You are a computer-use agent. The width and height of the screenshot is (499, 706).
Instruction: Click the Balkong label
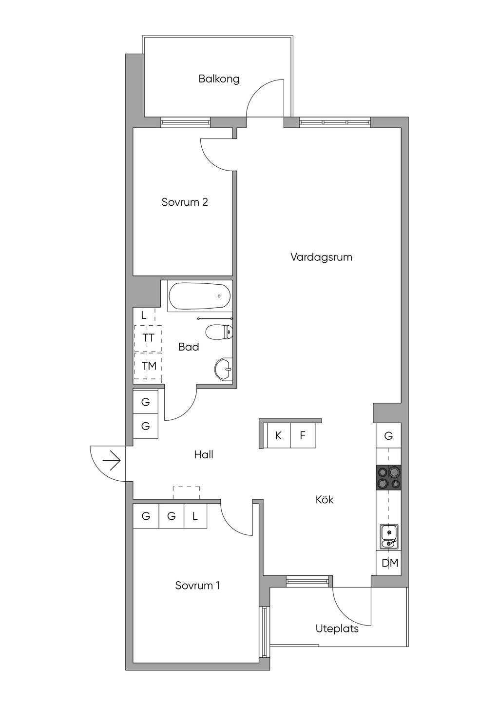click(219, 79)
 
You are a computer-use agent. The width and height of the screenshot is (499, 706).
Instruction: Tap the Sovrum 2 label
click(185, 202)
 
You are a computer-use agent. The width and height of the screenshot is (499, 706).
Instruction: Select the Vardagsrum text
click(321, 257)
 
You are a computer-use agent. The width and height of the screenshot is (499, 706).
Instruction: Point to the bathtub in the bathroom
click(200, 296)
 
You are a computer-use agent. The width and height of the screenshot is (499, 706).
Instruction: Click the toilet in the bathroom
click(219, 332)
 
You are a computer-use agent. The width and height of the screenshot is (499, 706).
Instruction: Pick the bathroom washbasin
click(224, 370)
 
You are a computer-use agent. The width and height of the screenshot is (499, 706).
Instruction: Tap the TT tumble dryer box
click(148, 338)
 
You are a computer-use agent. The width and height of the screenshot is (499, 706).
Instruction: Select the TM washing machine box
click(148, 366)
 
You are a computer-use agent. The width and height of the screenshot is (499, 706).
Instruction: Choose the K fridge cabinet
click(278, 436)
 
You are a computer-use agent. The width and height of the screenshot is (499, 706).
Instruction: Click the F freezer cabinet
click(303, 436)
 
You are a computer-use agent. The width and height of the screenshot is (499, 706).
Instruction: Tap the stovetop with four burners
click(389, 477)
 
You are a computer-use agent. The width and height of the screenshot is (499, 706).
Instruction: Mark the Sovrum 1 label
click(197, 586)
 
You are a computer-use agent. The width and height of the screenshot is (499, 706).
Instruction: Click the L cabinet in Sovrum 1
click(195, 516)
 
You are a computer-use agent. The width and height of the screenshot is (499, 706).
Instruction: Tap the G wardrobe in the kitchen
click(389, 436)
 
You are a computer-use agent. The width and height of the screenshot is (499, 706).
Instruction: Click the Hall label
click(204, 454)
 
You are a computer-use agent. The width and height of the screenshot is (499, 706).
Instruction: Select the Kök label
click(324, 500)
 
